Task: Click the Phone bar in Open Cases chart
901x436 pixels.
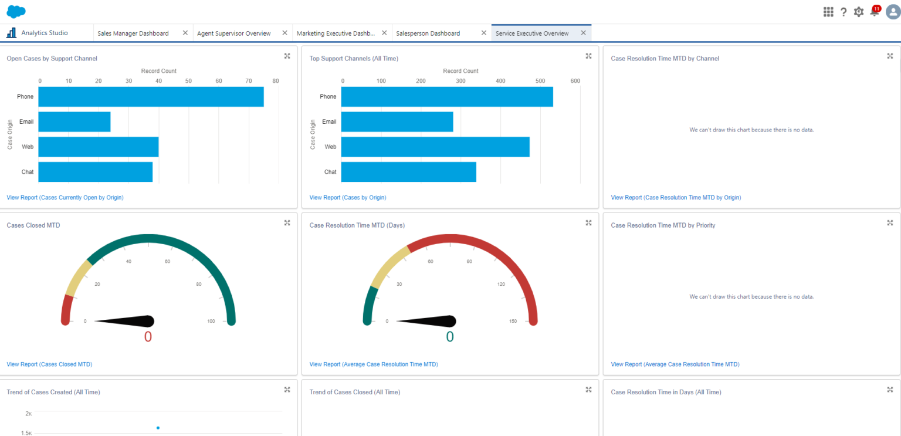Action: click(x=151, y=97)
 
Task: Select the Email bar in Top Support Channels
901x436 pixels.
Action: click(x=397, y=122)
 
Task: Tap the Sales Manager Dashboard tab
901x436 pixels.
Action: click(x=133, y=33)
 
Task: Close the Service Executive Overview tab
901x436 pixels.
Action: click(x=583, y=33)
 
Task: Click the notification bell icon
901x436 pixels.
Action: click(x=874, y=12)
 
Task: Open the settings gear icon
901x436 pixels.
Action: click(x=859, y=12)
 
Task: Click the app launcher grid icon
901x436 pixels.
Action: click(x=828, y=12)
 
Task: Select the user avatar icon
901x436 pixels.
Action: click(x=893, y=12)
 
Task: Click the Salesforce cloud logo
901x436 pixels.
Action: click(x=16, y=11)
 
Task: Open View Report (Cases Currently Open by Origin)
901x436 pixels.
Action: click(x=65, y=198)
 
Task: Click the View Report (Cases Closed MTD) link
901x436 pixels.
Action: click(x=49, y=364)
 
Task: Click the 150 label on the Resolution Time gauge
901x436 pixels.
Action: click(x=513, y=321)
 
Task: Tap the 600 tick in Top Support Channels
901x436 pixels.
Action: click(x=575, y=80)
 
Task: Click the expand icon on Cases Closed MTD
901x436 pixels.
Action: click(x=287, y=223)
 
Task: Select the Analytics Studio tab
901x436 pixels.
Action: click(x=45, y=33)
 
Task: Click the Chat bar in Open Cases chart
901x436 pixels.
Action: click(x=95, y=172)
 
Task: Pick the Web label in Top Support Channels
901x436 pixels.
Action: click(x=330, y=147)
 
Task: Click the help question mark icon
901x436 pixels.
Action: click(x=844, y=12)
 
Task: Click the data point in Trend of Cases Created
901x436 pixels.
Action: click(x=158, y=428)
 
